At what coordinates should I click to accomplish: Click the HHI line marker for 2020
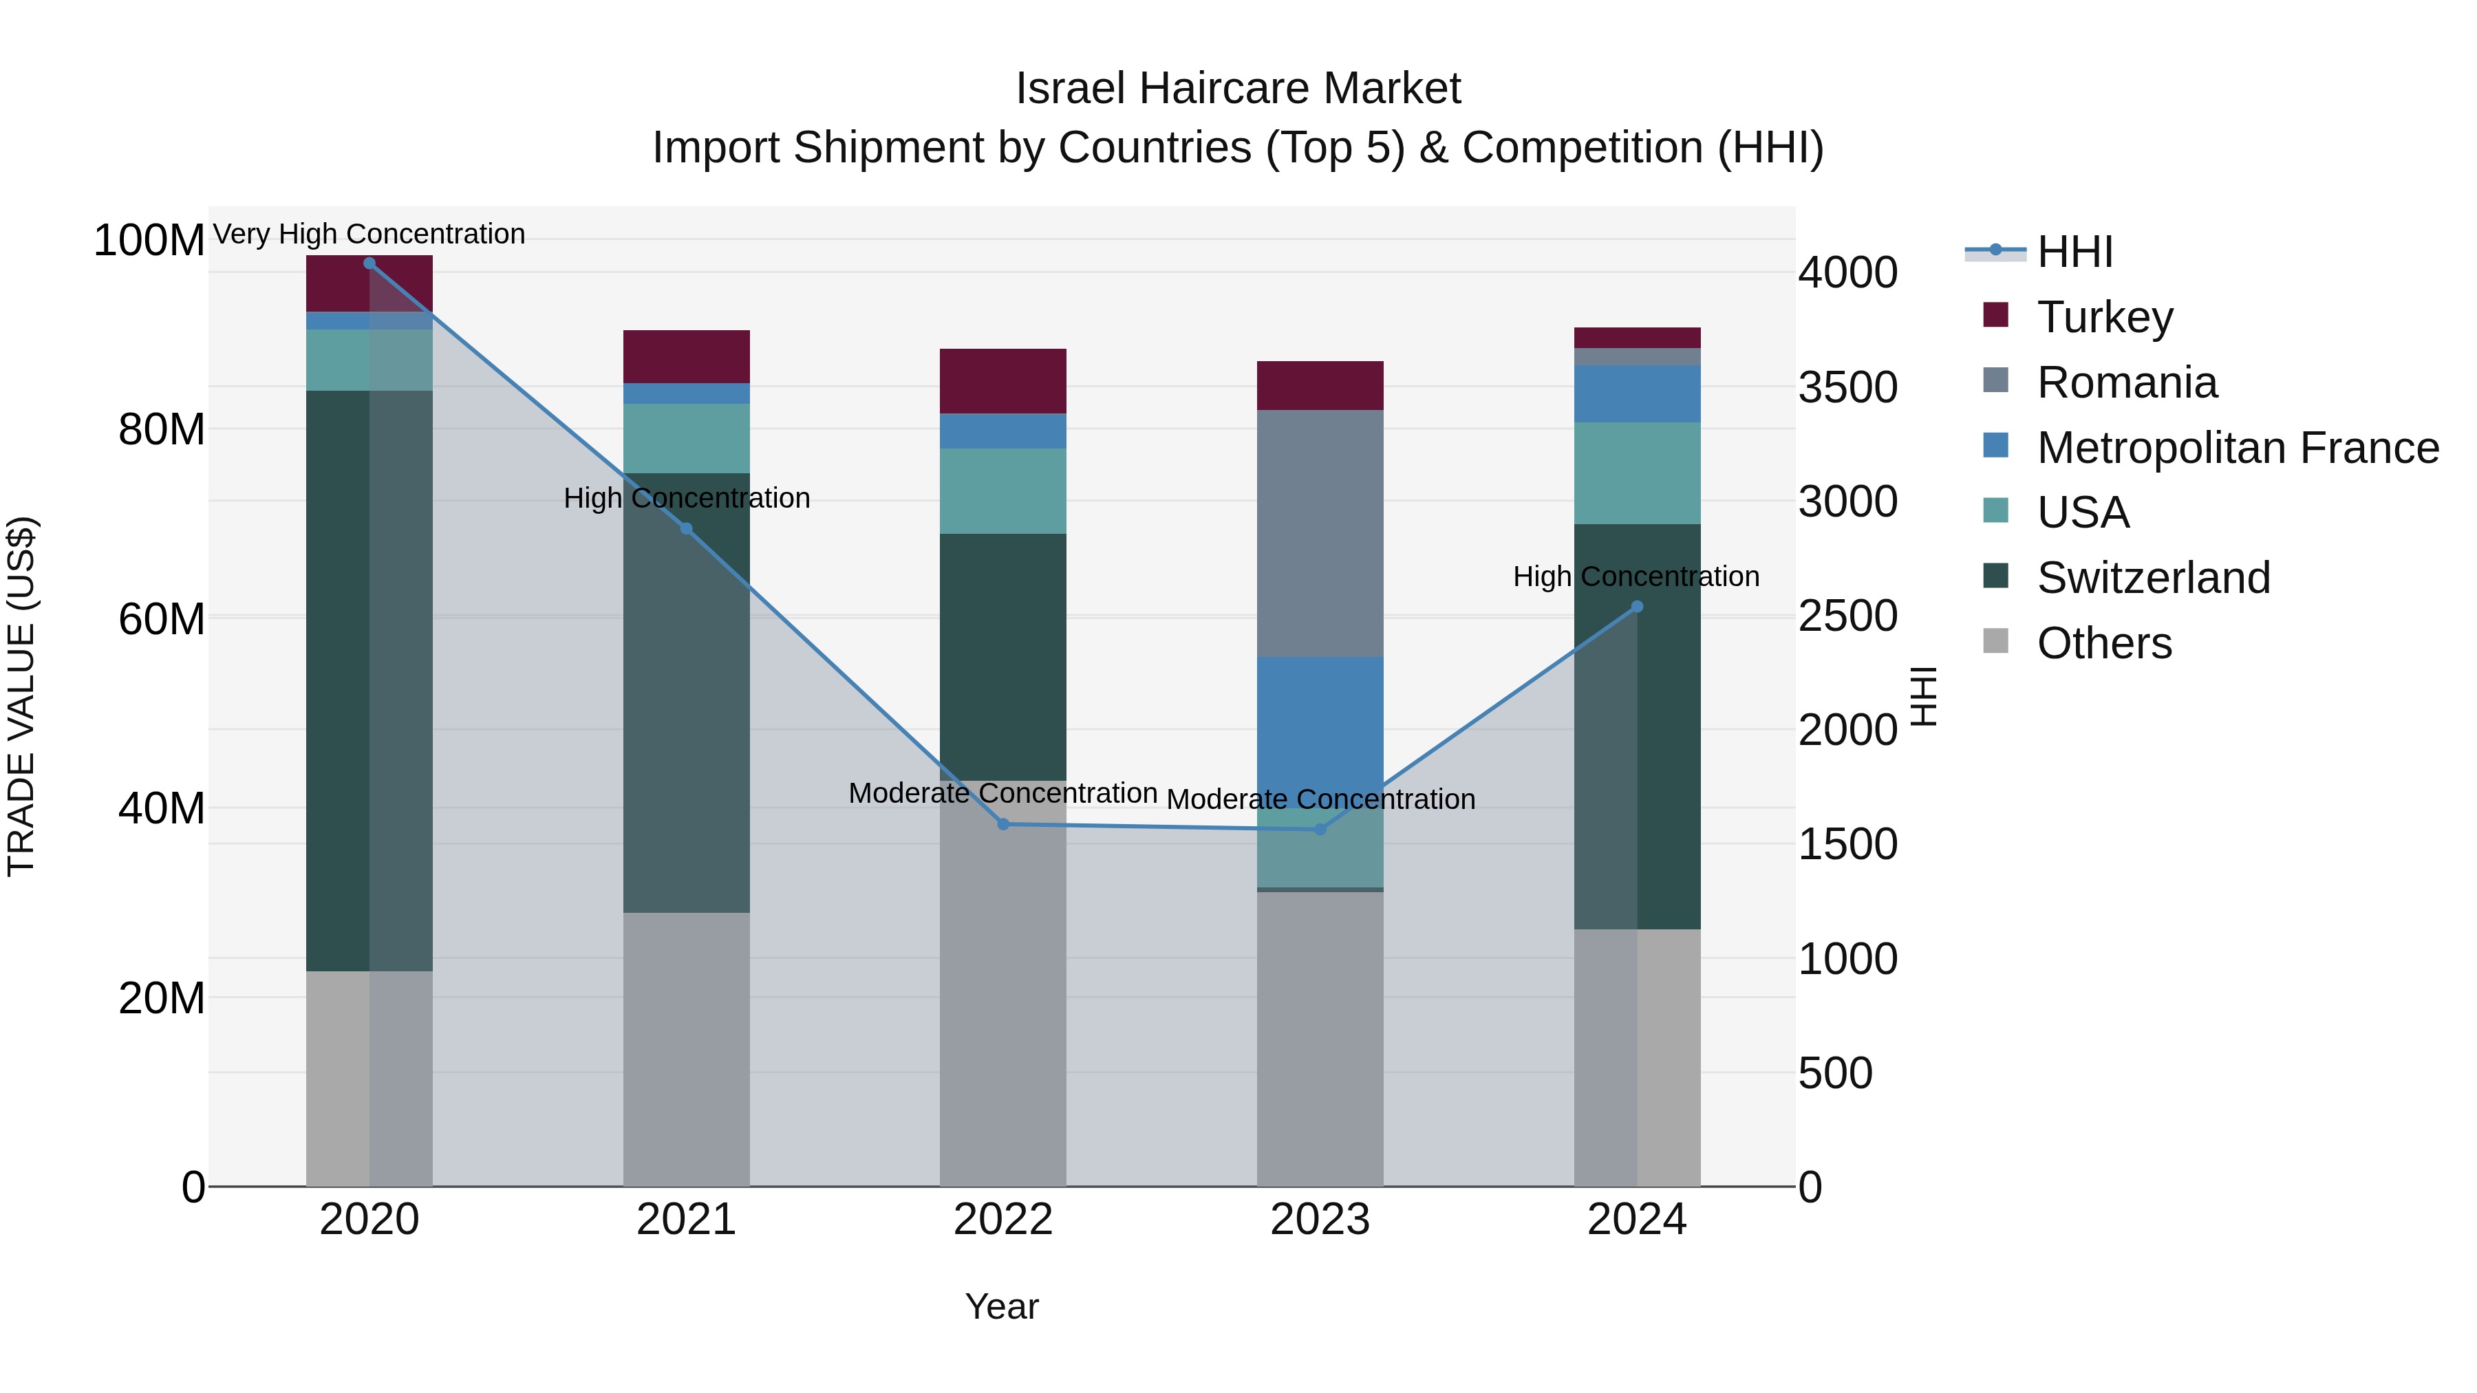click(369, 263)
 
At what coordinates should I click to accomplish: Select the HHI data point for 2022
click(1003, 824)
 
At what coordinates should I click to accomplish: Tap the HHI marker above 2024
click(1637, 607)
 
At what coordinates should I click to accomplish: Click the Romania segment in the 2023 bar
click(1319, 534)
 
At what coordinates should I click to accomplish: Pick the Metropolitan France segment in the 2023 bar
click(1319, 721)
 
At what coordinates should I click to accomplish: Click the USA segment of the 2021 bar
click(685, 438)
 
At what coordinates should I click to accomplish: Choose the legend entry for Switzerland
click(2152, 578)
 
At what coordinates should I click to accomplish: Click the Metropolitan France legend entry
click(2237, 448)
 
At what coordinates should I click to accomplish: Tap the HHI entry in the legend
click(2074, 252)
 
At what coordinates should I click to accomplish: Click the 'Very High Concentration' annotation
click(369, 235)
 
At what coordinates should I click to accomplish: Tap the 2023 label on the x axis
click(1319, 1220)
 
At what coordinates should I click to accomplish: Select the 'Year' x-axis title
click(1002, 1306)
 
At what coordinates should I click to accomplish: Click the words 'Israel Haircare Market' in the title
click(1238, 89)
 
